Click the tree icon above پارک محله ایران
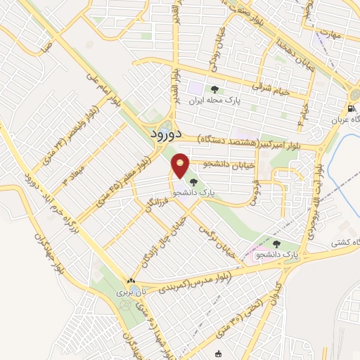click(214, 89)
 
